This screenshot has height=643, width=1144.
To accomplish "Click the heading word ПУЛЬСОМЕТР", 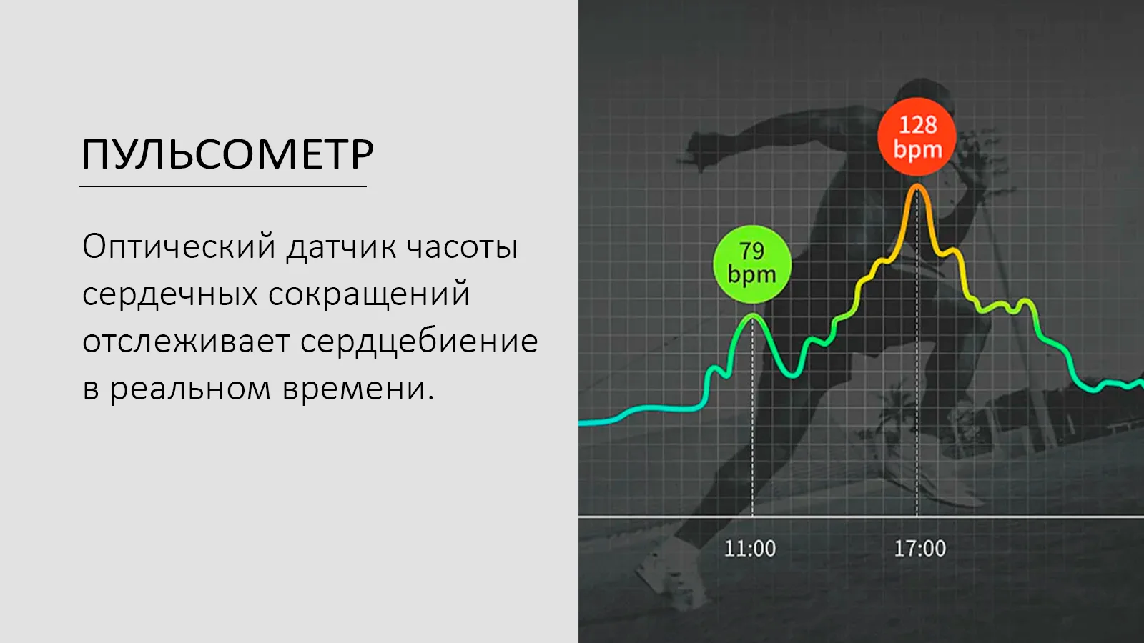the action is pos(227,154).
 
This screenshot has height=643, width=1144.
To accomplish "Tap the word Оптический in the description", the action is pos(179,247).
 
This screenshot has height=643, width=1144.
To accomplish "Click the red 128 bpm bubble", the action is pos(917,136).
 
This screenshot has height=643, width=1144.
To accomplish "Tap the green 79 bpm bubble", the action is pos(752,264).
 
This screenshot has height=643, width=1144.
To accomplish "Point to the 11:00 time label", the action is pos(750,549).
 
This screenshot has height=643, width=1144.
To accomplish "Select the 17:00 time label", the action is pos(919,549).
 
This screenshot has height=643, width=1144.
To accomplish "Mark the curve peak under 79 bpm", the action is pos(752,316).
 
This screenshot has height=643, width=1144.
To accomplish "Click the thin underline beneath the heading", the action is pos(223,187).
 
